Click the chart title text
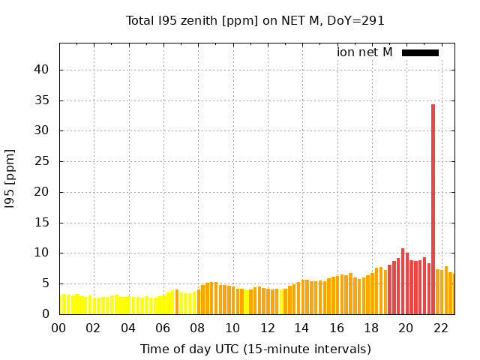point(255,20)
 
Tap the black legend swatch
point(420,52)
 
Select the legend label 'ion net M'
point(364,52)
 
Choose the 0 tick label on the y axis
point(44,314)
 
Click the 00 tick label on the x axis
point(58,328)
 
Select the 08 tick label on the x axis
point(198,328)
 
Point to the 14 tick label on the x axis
point(301,328)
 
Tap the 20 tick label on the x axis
point(406,328)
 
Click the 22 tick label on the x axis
point(441,328)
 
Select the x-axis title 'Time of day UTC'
point(255,349)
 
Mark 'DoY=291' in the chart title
point(355,20)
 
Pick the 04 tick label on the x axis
point(128,328)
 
